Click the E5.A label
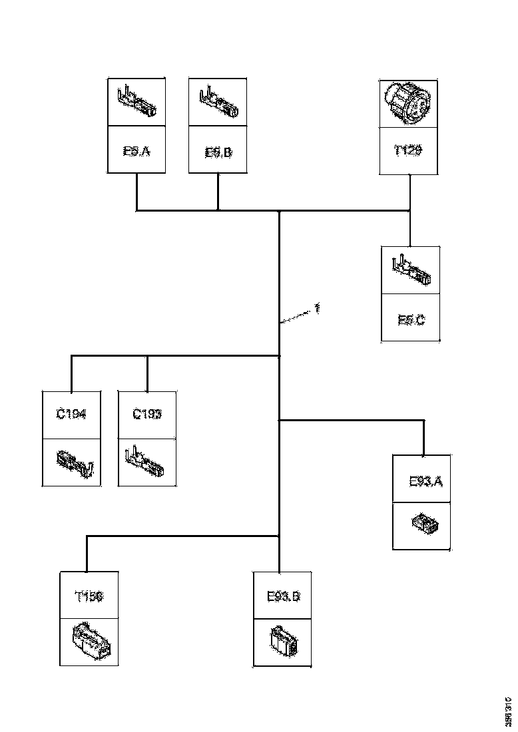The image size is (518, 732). (x=136, y=152)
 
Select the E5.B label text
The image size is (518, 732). (x=218, y=152)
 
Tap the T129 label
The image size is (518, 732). (x=407, y=151)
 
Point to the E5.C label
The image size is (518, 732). (x=411, y=320)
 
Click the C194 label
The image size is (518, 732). (x=71, y=415)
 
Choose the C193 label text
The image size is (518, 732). (x=147, y=415)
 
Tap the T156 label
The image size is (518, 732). (x=89, y=596)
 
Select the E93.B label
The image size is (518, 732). (x=283, y=596)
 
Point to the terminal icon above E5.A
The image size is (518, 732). (x=137, y=102)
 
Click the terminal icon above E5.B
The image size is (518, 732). (x=218, y=102)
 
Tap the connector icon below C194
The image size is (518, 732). (x=72, y=462)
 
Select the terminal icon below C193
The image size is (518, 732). (x=147, y=463)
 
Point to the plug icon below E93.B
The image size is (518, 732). (x=283, y=641)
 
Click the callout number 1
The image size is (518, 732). (x=318, y=309)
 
